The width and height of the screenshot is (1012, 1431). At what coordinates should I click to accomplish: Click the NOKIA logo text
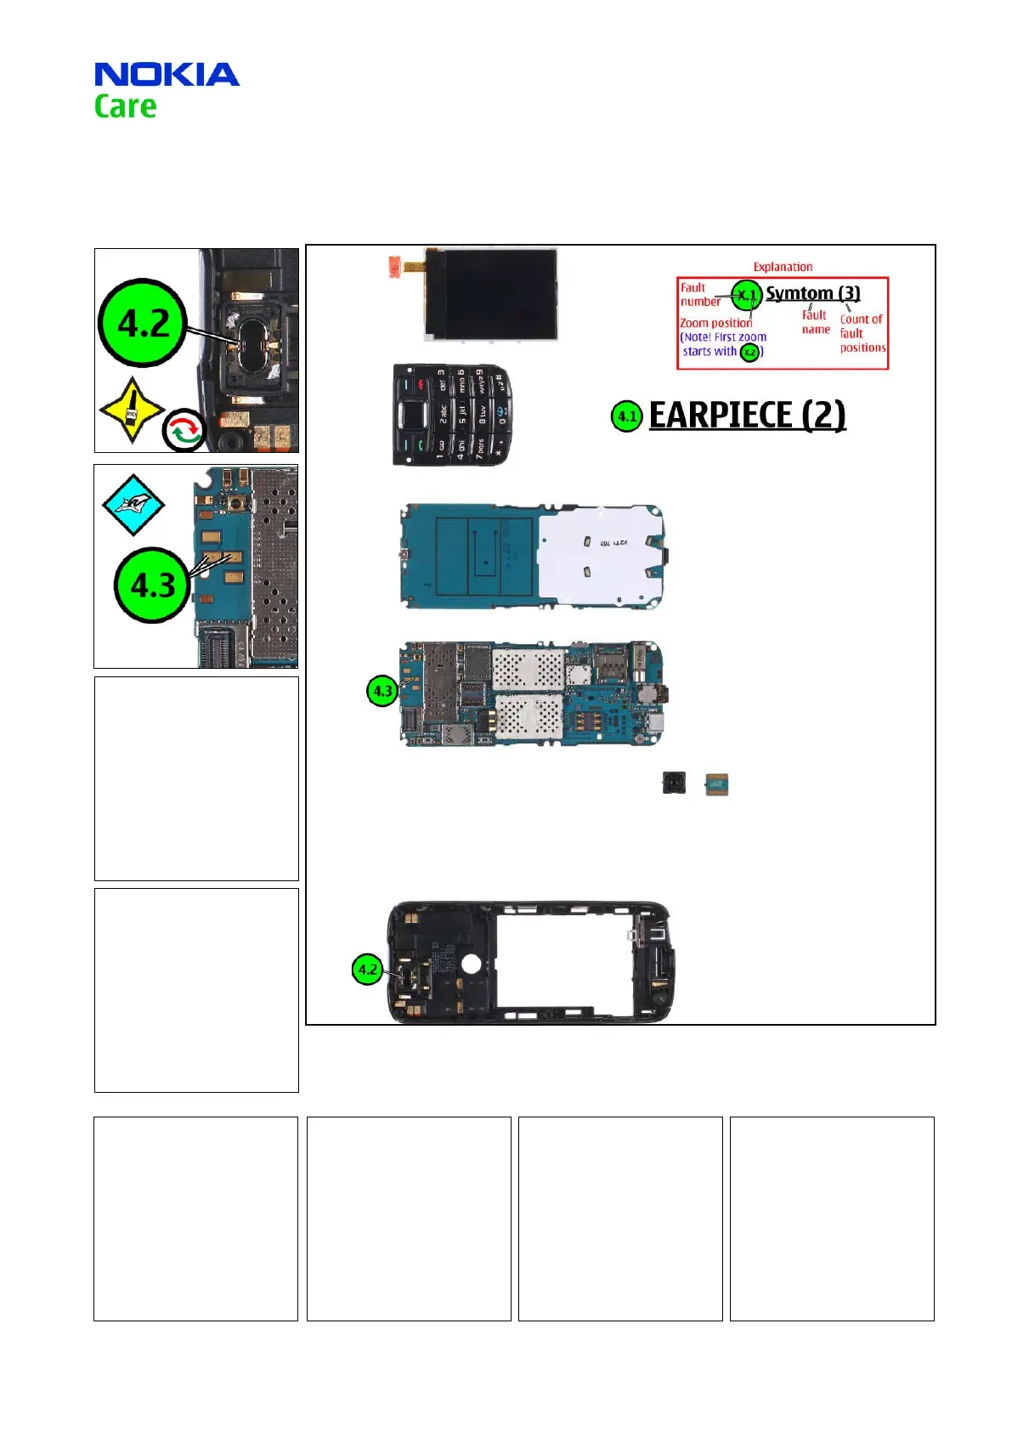point(167,75)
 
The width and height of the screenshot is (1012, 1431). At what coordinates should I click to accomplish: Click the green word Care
point(125,107)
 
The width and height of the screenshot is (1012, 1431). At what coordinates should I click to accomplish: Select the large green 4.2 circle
point(143,323)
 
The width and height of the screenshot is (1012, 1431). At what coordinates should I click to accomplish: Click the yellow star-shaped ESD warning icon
point(131,410)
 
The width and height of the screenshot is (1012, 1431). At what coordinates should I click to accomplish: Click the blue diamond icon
point(133,505)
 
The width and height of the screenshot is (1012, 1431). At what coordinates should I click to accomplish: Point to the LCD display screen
point(491,295)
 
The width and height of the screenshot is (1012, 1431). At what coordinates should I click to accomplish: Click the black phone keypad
point(452,415)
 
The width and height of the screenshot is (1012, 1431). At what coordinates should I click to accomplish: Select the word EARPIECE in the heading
point(721,416)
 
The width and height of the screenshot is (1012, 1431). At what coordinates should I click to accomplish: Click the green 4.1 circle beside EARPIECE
point(627,416)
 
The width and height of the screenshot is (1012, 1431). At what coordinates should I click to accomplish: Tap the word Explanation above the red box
point(783,267)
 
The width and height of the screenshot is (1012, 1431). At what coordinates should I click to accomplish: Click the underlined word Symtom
point(800,293)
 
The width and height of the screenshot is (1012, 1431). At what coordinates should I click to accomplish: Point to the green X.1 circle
point(747,295)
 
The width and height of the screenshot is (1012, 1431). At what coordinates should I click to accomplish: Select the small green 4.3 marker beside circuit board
point(382,691)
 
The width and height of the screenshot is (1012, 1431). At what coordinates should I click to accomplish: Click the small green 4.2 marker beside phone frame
point(367,969)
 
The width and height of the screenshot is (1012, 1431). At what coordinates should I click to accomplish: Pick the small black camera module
point(674,783)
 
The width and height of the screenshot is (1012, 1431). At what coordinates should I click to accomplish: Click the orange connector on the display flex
point(394,265)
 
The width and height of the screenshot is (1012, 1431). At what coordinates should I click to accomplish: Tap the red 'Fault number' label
point(698,294)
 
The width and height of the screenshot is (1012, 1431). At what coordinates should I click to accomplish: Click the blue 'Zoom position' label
point(715,323)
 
